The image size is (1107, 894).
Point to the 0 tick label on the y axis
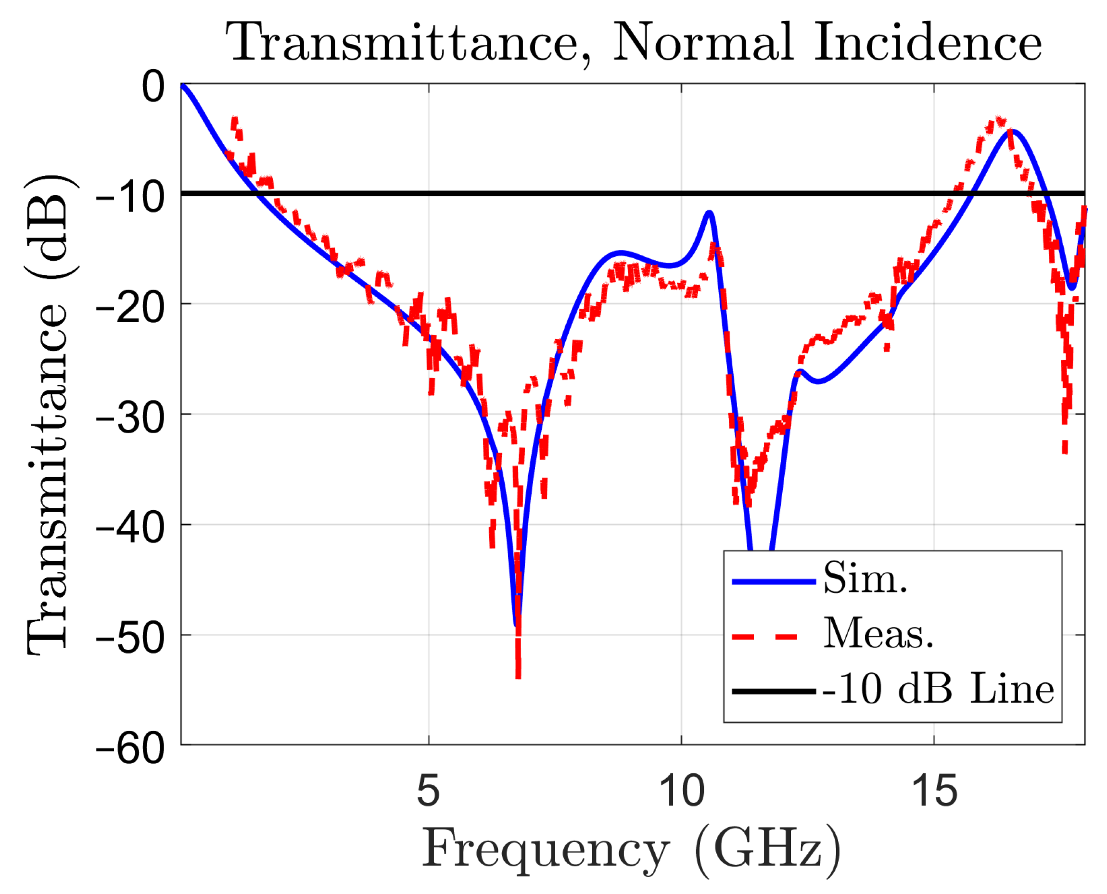coord(153,86)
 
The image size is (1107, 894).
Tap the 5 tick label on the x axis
coord(429,791)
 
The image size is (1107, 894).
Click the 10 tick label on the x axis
coord(682,791)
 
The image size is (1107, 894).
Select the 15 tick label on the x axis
coord(934,791)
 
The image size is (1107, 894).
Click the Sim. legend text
coord(865,579)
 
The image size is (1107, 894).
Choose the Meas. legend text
coord(878,633)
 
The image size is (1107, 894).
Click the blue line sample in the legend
coord(774,581)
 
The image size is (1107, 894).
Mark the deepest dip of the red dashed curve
coord(518,676)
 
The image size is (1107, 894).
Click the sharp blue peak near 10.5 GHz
coord(710,212)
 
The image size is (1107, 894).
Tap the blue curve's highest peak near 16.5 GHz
coord(1013,131)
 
